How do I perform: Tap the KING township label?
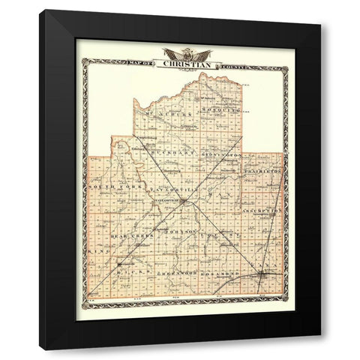94,244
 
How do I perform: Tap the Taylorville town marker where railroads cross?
181,200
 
